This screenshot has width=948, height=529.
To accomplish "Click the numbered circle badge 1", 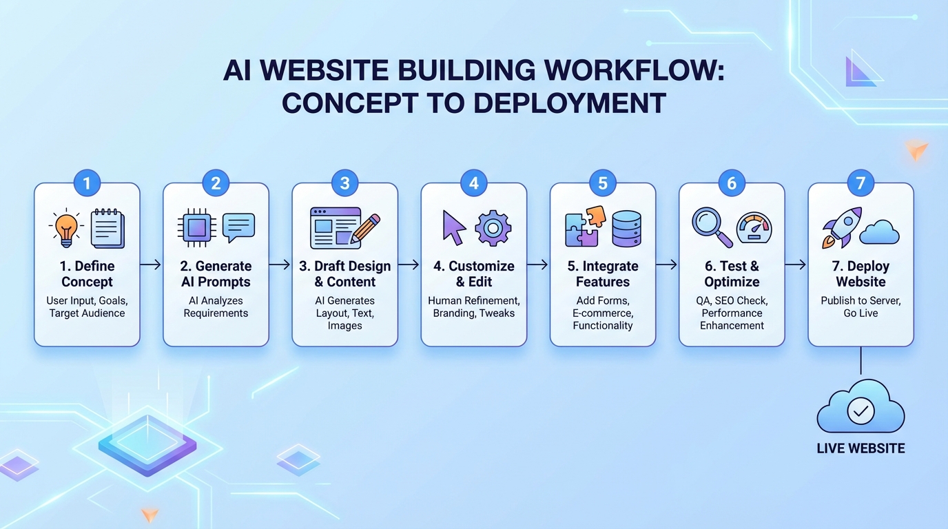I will pos(87,183).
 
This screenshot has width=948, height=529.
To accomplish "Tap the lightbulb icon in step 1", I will pos(66,227).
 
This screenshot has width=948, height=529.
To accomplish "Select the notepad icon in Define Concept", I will pos(108,228).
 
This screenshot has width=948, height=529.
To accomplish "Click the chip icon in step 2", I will pos(195,228).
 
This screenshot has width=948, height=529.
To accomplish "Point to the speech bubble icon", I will pos(238,227).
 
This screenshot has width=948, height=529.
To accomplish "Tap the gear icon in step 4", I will pos(493,229).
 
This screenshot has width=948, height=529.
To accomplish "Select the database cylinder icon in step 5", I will pos(626,229).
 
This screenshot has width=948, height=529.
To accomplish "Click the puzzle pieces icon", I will pos(584,227).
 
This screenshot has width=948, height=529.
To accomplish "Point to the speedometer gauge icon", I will pos(754,228).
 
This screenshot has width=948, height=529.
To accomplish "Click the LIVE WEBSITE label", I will pos(861,448).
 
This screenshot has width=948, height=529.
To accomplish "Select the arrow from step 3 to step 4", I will pos(409,264).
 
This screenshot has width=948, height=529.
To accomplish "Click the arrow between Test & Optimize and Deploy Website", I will pos(796,264).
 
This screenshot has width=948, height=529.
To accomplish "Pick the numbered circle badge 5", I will pos(603,183).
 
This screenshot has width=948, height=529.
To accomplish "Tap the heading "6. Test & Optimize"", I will pos(732,273).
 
